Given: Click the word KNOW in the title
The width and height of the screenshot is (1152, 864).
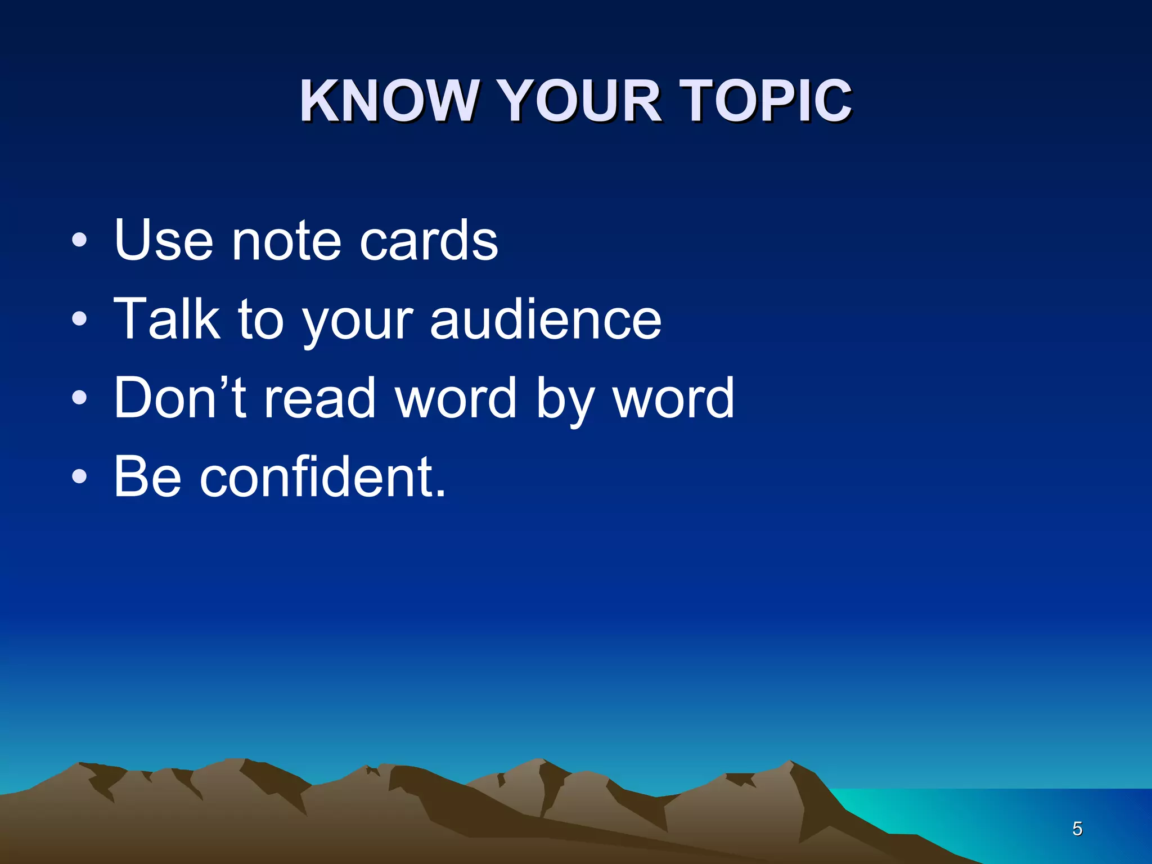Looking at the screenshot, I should click(x=388, y=101).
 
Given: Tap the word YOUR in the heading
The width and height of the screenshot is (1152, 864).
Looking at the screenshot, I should click(x=579, y=101).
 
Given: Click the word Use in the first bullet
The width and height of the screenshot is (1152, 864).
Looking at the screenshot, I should click(x=163, y=241).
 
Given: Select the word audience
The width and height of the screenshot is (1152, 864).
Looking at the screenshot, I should click(x=546, y=319).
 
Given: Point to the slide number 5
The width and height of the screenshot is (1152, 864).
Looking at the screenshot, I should click(x=1077, y=829).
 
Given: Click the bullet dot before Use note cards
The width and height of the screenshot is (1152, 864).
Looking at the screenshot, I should click(x=80, y=241).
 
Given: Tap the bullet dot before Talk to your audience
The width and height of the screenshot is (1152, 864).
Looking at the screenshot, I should click(x=80, y=319).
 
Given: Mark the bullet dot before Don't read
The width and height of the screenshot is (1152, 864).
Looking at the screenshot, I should click(x=80, y=398).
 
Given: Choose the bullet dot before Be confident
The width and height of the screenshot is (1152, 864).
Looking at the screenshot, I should click(x=80, y=477).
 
